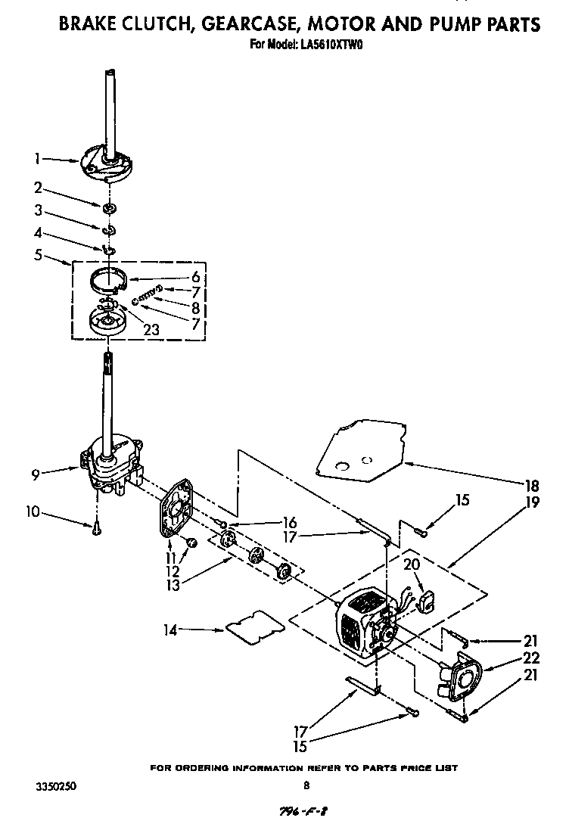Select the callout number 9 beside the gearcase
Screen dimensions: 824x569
pyautogui.click(x=36, y=474)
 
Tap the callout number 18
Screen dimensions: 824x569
pyautogui.click(x=533, y=485)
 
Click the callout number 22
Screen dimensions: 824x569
pyautogui.click(x=531, y=658)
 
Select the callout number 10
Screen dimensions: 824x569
pyautogui.click(x=31, y=512)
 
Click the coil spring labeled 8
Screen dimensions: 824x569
pyautogui.click(x=147, y=297)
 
